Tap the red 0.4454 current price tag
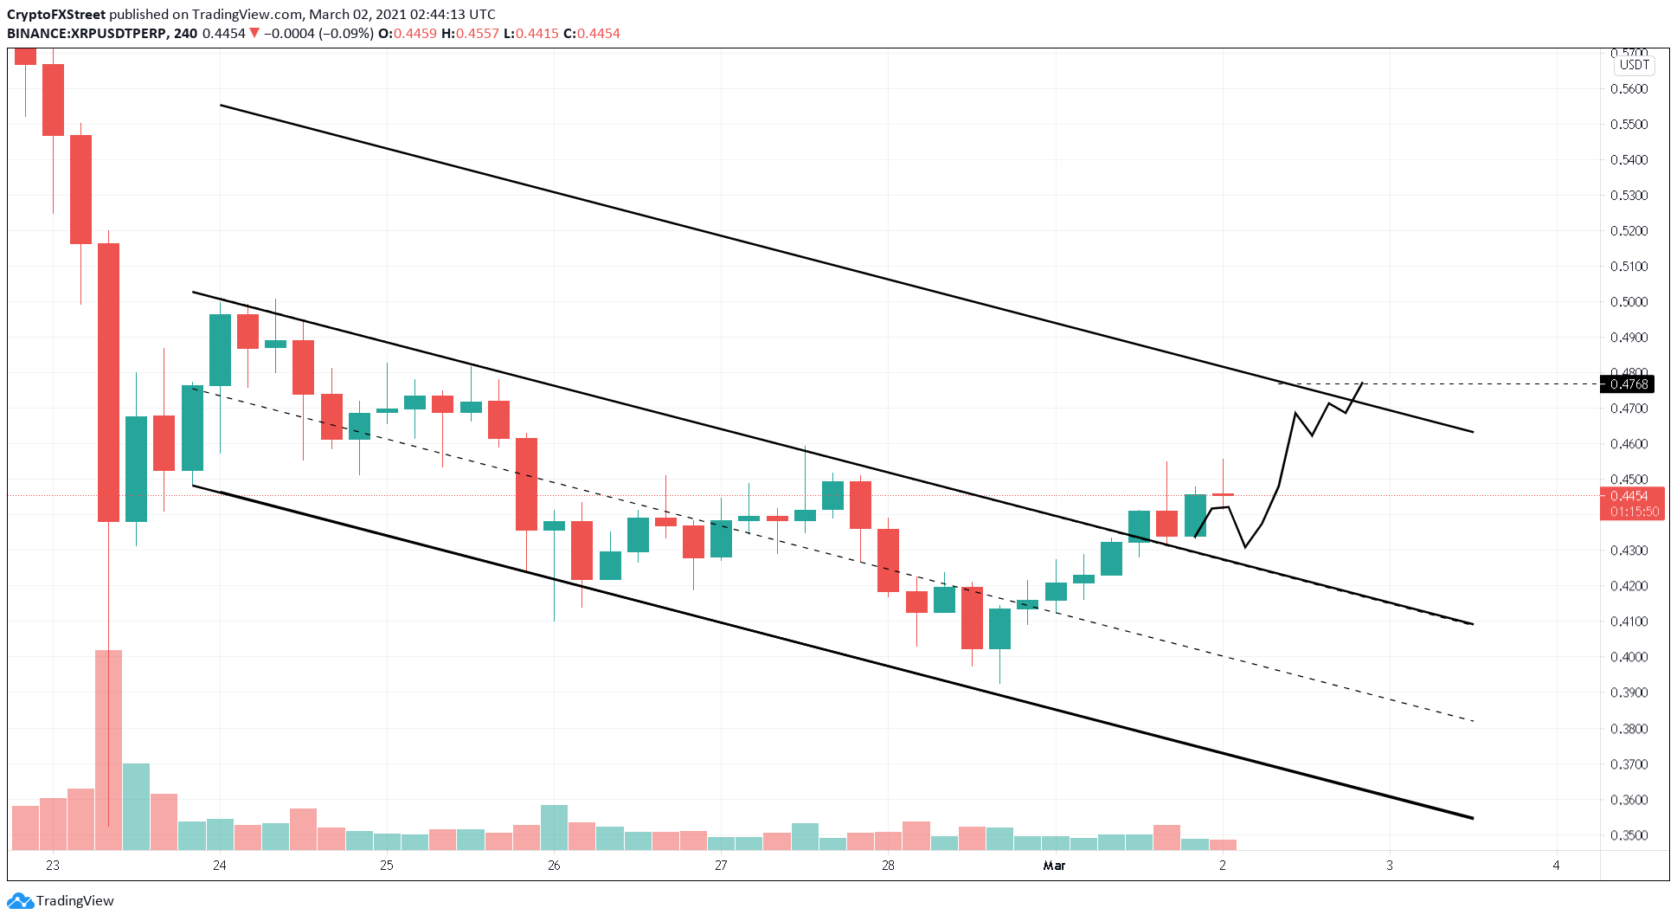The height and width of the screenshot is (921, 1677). click(x=1629, y=496)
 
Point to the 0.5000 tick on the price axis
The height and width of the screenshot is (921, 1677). click(x=1629, y=302)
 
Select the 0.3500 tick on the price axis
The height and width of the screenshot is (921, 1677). click(x=1629, y=835)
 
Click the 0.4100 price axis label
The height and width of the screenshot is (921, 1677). click(x=1629, y=622)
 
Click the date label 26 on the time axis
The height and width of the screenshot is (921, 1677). click(x=554, y=865)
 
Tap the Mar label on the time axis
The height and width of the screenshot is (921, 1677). click(x=1054, y=865)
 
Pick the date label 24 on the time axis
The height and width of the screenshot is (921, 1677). click(x=220, y=865)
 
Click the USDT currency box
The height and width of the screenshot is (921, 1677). click(x=1634, y=65)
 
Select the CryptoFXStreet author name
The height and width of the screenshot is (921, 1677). click(x=56, y=14)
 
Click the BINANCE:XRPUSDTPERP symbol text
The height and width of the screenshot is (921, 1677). click(x=87, y=33)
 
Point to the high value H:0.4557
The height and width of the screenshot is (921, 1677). click(x=470, y=33)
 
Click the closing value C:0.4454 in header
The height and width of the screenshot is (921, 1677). click(x=592, y=33)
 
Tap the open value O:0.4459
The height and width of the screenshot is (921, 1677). click(x=408, y=33)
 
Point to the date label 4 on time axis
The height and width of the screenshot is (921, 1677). click(x=1556, y=865)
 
